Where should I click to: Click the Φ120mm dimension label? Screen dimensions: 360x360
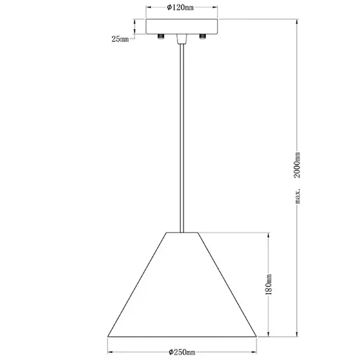pyautogui.click(x=180, y=8)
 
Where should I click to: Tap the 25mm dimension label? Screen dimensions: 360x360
pyautogui.click(x=120, y=39)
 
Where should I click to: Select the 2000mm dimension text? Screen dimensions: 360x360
pyautogui.click(x=297, y=165)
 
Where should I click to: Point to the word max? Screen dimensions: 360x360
pyautogui.click(x=297, y=196)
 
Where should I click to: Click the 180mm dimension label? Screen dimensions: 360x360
pyautogui.click(x=269, y=284)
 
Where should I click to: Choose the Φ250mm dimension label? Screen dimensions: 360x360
pyautogui.click(x=182, y=352)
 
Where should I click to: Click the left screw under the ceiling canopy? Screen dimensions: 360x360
pyautogui.click(x=161, y=36)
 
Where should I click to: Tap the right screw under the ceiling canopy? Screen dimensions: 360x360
pyautogui.click(x=203, y=36)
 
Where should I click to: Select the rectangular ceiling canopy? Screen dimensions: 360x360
pyautogui.click(x=182, y=26)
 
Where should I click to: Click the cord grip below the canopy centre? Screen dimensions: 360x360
pyautogui.click(x=181, y=39)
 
